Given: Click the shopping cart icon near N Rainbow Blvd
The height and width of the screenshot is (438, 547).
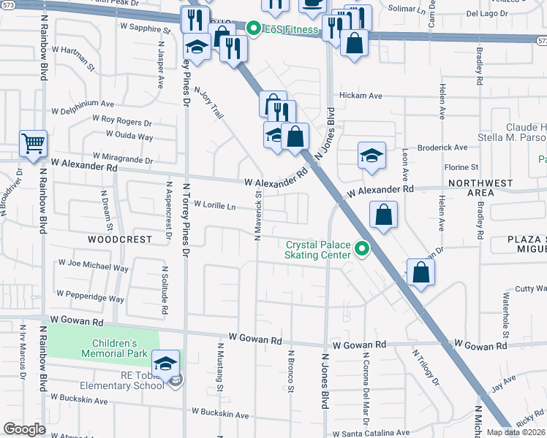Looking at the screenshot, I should (x=34, y=143).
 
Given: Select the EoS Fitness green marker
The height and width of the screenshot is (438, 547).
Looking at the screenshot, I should (x=254, y=29).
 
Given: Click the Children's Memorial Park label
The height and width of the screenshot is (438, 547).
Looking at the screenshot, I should (x=115, y=349).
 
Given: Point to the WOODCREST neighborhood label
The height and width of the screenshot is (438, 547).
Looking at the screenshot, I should (x=120, y=239).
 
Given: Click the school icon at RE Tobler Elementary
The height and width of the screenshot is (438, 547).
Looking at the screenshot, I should (x=166, y=363).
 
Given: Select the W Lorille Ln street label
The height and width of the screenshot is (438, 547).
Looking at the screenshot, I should (x=214, y=207).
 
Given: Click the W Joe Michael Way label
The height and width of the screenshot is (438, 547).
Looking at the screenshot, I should (x=93, y=264).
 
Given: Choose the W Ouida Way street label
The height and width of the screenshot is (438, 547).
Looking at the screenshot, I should (x=129, y=136).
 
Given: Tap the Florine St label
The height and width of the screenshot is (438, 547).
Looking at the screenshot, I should (x=461, y=167).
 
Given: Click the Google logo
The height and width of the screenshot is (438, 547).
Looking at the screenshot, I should (x=25, y=429).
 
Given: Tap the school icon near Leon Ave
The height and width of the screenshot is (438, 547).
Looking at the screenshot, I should (x=371, y=156).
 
